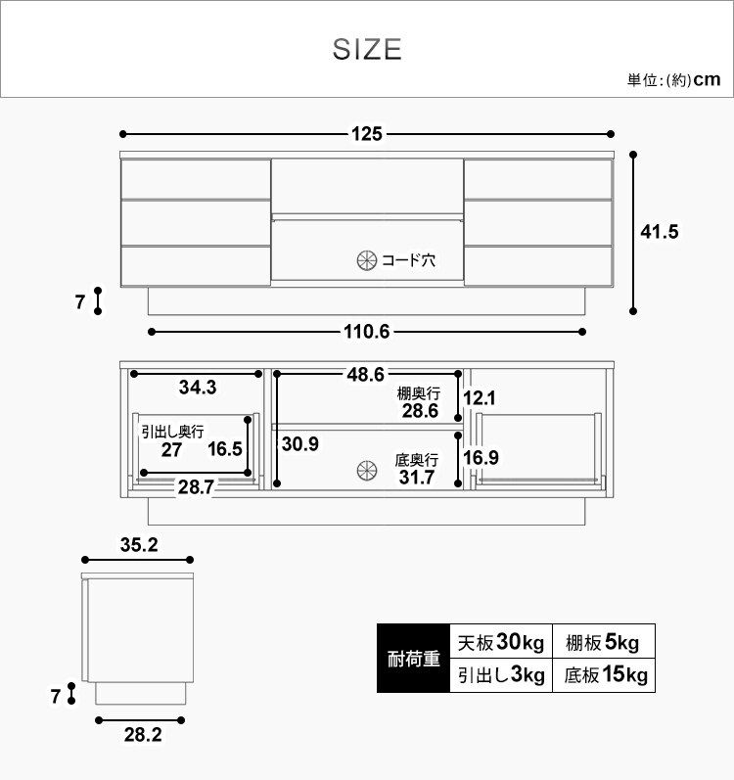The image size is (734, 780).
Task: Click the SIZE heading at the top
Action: (x=367, y=49)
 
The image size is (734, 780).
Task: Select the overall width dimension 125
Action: (x=367, y=134)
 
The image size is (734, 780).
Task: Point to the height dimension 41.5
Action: (x=659, y=232)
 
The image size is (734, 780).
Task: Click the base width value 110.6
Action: (x=367, y=332)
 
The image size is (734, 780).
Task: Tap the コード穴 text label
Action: (x=408, y=260)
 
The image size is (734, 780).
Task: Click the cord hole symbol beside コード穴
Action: (x=366, y=260)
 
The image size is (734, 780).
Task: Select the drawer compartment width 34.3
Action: (x=198, y=387)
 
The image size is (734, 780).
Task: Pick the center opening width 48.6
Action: (x=364, y=374)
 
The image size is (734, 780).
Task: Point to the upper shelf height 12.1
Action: (x=480, y=398)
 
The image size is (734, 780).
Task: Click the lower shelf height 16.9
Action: (x=480, y=458)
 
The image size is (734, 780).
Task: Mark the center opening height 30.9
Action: (x=299, y=443)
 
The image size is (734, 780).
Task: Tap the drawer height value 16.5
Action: (x=225, y=449)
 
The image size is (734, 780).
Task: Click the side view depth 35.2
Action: (x=139, y=546)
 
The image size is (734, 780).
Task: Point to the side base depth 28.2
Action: (x=142, y=735)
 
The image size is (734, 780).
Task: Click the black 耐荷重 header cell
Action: (x=413, y=658)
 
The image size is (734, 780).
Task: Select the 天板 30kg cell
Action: (x=500, y=642)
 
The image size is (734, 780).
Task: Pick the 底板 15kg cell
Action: (x=603, y=675)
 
